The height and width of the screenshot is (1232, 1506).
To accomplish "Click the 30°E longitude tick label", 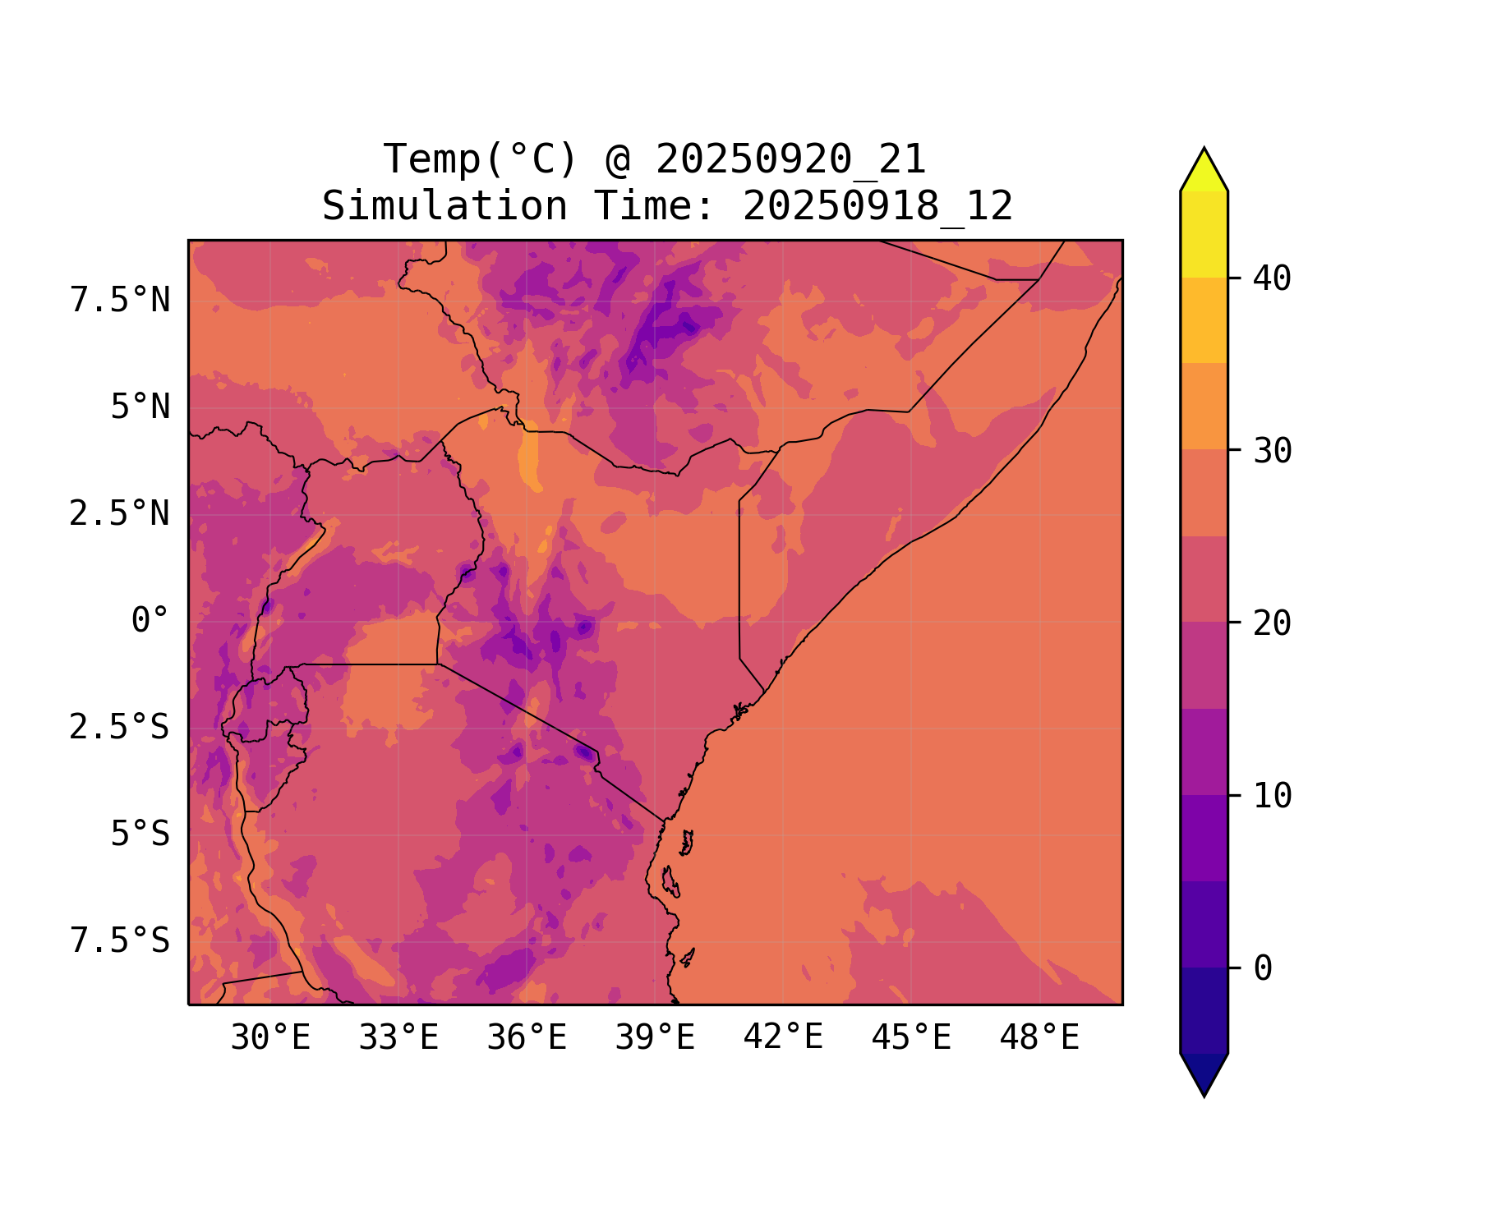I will point(270,1038).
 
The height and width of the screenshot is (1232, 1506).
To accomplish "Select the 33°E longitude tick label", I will point(398,1038).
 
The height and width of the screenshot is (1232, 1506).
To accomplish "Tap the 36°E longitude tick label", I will point(527,1038).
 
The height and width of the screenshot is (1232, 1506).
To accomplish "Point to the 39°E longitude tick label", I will point(655,1038).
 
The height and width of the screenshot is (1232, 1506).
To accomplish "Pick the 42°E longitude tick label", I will point(783,1038).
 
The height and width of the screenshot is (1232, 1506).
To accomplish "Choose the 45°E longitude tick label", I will point(911,1038).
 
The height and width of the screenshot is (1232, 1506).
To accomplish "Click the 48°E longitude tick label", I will point(1039,1038).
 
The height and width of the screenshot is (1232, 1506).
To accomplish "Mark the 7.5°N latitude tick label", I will point(120,301).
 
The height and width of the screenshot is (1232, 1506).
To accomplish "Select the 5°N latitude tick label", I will point(140,407).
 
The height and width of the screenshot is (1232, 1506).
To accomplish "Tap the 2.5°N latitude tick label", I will point(120,514).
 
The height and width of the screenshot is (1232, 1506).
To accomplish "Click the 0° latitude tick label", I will point(150,621).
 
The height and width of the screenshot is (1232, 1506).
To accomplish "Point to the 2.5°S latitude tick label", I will point(120,728).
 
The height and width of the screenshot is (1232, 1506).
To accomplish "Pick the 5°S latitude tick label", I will point(140,834).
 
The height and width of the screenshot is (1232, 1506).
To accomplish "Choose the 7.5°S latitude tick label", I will point(120,941).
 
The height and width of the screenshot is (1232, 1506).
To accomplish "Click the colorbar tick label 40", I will point(1273,278).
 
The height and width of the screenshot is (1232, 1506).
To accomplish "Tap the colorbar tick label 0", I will point(1263,969).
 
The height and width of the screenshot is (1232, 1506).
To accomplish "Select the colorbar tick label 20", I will point(1273,623).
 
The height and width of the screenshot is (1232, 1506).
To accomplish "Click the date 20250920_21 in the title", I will point(790,159).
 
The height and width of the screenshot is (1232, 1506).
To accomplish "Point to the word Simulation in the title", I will point(444,206).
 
